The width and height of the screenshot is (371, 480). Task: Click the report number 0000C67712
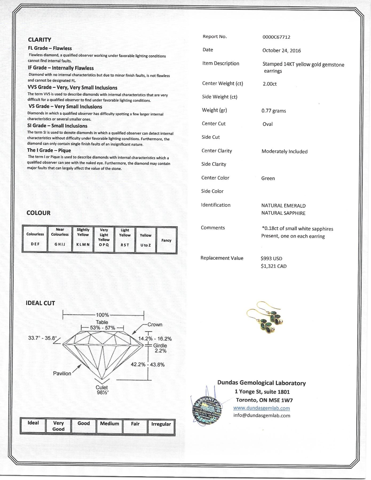276,37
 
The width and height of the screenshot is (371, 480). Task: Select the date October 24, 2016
281,50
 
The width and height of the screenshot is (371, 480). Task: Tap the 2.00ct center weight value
270,84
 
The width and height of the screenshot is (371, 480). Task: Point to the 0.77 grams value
274,111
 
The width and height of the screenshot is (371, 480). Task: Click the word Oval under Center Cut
267,124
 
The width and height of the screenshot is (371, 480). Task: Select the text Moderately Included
284,151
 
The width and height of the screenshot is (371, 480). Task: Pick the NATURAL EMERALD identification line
283,206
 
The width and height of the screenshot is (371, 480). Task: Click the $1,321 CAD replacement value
274,266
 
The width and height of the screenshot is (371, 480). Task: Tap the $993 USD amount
271,258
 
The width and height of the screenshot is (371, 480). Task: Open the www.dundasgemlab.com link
261,408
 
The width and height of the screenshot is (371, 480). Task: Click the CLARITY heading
40,40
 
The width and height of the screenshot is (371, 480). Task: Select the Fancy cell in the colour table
166,240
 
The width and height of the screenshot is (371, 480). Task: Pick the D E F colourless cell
35,239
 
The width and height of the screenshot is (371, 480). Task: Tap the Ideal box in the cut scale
33,426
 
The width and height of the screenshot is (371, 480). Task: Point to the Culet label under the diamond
102,387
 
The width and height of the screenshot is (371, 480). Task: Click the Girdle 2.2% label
160,348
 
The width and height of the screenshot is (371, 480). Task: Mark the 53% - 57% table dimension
102,328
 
